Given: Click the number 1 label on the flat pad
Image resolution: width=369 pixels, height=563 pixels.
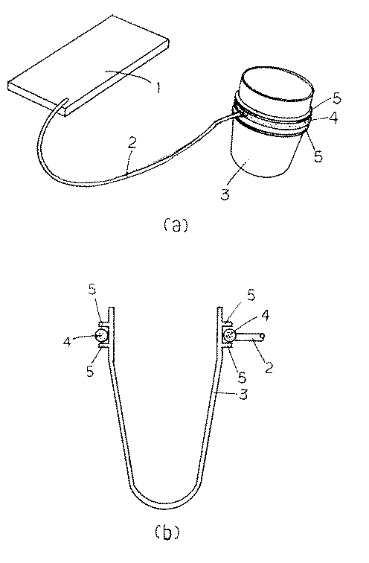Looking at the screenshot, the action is coord(158,86).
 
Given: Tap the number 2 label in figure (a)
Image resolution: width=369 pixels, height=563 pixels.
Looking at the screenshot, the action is coord(132,143).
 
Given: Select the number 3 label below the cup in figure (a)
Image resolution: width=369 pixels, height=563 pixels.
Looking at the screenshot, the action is coord(225,194).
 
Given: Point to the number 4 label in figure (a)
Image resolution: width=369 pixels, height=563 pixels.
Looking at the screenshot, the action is coord(333,118).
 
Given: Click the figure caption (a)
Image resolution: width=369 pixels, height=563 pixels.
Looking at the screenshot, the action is coord(176,226).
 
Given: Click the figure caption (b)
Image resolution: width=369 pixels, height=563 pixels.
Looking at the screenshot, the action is coord(167,532).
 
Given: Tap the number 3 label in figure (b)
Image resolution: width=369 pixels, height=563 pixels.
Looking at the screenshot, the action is coord(243,395).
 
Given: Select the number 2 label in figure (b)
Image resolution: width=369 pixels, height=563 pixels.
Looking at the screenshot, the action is coord(269,368).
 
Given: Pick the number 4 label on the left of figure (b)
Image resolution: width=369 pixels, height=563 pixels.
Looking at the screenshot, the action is coord(68,341).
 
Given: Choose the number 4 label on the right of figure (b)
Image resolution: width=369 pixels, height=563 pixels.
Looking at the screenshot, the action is coord(266,315).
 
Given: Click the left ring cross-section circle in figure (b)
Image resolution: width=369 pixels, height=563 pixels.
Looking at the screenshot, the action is coord(101,336).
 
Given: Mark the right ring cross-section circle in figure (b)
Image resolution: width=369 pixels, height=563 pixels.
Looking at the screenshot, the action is coord(229,336).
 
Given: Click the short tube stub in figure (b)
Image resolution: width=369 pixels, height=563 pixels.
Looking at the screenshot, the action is coord(251,337).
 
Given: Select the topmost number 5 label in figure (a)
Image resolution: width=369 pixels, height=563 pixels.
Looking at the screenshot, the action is coord(336,98).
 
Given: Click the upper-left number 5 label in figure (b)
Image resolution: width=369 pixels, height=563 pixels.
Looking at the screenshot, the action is coord(92,290).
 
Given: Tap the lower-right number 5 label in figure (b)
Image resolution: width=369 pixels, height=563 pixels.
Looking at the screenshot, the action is coord(243,378).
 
